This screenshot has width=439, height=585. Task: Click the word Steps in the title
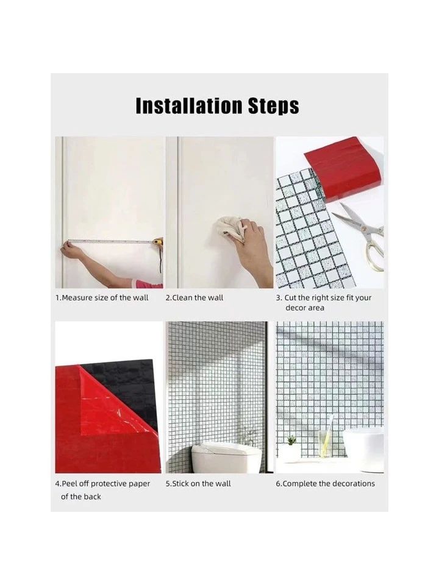274,107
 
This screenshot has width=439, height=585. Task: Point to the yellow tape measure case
159,243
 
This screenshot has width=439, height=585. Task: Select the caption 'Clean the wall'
194,298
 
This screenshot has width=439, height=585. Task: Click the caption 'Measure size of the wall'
102,298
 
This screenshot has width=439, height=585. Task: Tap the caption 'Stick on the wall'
198,483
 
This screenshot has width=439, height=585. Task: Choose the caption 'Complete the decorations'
325,483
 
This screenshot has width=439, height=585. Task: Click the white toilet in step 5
227,455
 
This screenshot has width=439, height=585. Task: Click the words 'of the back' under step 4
80,497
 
